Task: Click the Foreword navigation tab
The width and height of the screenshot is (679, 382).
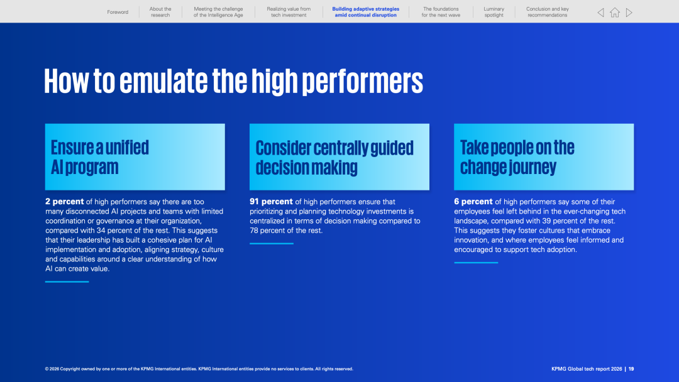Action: click(118, 12)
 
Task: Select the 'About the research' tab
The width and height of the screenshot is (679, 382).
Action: click(160, 12)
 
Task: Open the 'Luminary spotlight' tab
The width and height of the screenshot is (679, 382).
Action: click(494, 12)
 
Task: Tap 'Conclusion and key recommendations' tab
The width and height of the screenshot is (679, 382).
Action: click(548, 12)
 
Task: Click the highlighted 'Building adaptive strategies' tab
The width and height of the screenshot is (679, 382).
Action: click(365, 12)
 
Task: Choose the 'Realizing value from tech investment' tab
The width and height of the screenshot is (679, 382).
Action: click(289, 12)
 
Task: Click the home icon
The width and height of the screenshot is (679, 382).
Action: click(615, 13)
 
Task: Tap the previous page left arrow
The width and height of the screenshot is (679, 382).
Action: click(600, 13)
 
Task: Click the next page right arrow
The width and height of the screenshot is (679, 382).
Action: click(629, 13)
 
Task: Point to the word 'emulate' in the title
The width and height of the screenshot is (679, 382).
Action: click(163, 81)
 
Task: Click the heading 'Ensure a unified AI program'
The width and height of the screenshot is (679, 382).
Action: click(99, 157)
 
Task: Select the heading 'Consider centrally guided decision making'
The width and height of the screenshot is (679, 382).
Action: click(334, 158)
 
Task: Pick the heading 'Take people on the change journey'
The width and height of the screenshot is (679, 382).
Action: click(517, 157)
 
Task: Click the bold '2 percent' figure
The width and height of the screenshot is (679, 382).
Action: click(65, 202)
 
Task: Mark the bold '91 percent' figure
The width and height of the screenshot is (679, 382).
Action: click(271, 202)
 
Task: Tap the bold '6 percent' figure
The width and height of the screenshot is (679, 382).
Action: click(473, 202)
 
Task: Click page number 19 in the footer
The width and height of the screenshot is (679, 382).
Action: click(631, 369)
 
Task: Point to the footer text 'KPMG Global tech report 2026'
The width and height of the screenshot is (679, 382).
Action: click(587, 369)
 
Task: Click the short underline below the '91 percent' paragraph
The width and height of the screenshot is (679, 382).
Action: click(272, 244)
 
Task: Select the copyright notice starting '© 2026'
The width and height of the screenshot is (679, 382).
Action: click(199, 369)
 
